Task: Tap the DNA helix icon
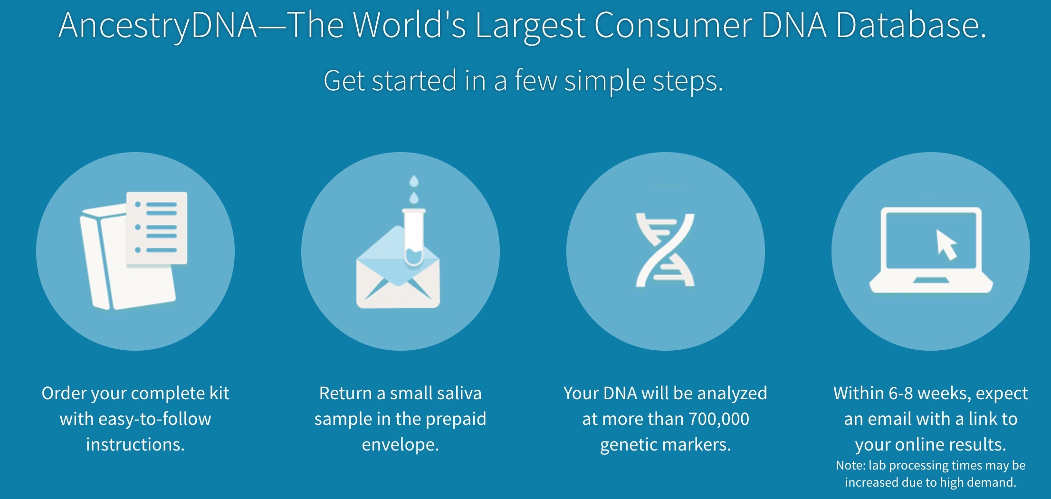[665, 250]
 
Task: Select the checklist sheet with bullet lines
[156, 228]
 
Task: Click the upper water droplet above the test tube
[414, 181]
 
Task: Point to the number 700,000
[718, 419]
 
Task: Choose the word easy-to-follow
[154, 419]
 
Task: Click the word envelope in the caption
[400, 445]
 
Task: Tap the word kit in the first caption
[220, 393]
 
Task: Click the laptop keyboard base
[931, 285]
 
